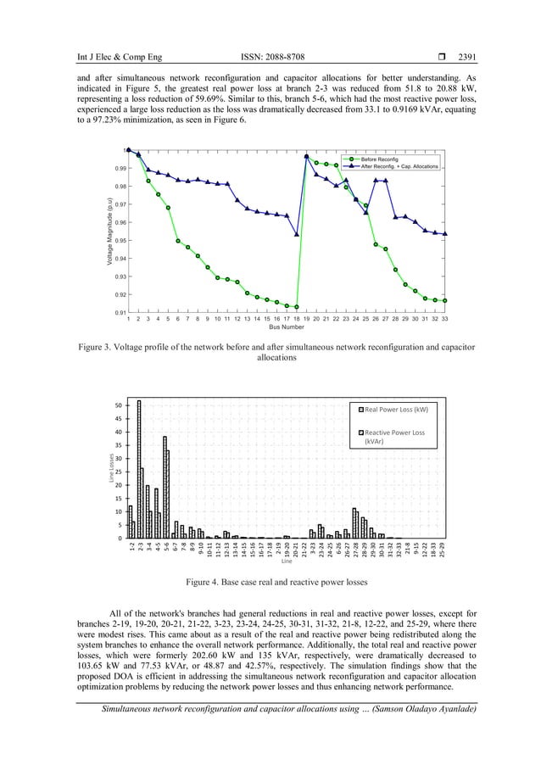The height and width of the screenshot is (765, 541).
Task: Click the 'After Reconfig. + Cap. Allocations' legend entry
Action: (x=399, y=166)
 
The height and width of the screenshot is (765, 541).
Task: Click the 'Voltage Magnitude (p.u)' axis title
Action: (x=109, y=233)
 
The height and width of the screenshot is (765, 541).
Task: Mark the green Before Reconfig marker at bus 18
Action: (x=297, y=307)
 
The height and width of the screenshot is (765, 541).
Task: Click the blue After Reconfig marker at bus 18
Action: (x=297, y=234)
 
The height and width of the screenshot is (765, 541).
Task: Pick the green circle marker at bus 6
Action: (x=178, y=241)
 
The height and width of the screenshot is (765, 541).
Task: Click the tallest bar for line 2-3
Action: (x=139, y=468)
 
